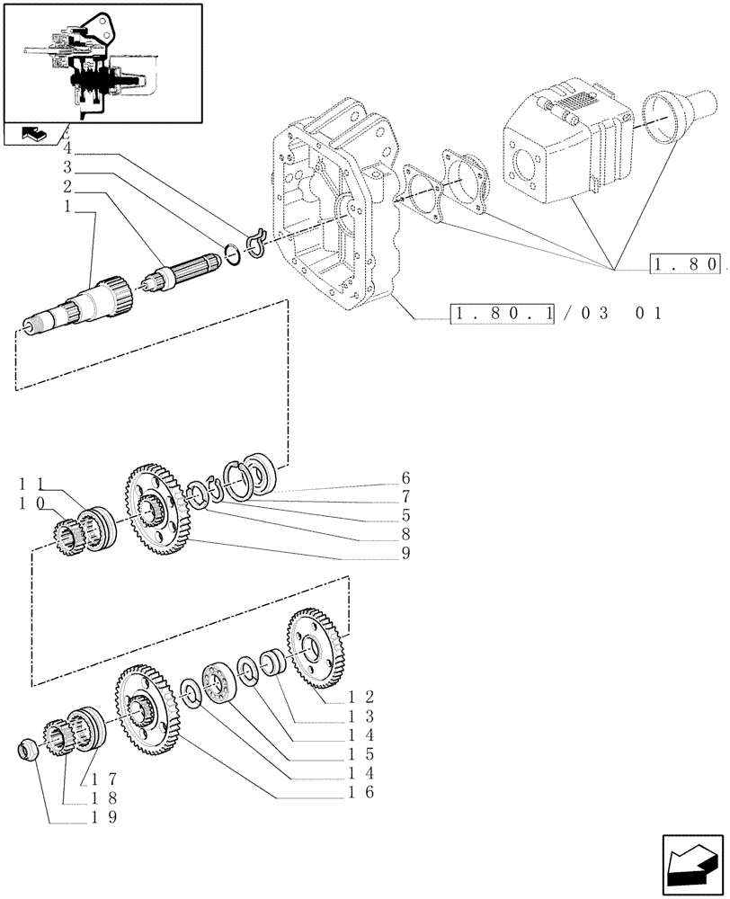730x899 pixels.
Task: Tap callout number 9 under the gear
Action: [405, 553]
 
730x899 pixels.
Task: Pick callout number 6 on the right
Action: [405, 477]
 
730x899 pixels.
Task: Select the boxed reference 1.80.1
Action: [504, 314]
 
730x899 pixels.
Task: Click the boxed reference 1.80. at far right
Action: [685, 264]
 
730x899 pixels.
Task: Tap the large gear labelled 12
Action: [315, 649]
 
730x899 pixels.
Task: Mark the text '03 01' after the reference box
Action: [621, 314]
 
